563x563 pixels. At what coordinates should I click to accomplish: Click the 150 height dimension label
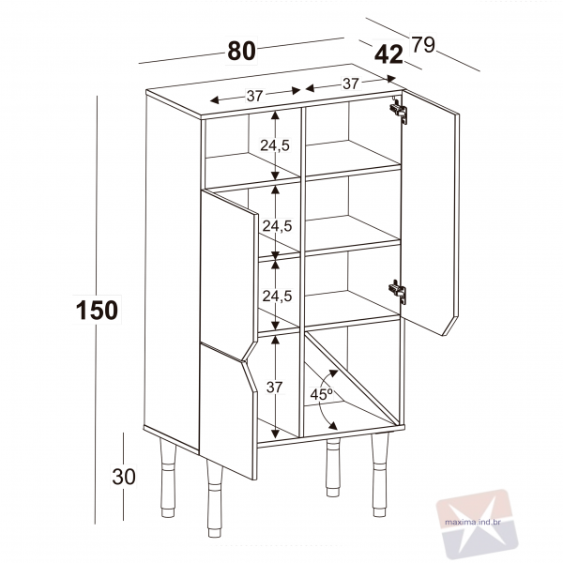click(97, 310)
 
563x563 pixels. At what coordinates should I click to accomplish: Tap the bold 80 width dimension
click(242, 51)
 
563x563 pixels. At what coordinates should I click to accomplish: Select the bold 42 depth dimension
click(388, 55)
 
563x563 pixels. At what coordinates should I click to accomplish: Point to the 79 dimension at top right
click(423, 44)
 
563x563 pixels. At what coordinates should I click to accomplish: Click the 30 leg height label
click(124, 477)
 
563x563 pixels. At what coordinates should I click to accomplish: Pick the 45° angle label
click(322, 394)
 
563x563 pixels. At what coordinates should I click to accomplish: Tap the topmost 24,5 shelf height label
click(275, 145)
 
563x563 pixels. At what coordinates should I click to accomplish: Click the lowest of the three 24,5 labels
click(277, 297)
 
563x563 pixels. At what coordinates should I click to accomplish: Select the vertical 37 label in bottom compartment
click(275, 387)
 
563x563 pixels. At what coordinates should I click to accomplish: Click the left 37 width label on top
click(254, 96)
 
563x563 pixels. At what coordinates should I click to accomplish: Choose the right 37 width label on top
click(351, 84)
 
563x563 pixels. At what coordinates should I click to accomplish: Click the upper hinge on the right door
click(399, 111)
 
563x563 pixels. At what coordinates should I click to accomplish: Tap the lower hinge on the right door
click(398, 292)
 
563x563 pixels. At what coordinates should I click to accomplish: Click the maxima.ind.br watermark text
click(473, 522)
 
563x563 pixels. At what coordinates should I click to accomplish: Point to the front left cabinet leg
click(214, 498)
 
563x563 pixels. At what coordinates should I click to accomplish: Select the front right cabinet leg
click(380, 475)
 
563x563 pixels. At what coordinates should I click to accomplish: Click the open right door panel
click(430, 213)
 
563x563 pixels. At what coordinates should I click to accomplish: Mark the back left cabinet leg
click(167, 478)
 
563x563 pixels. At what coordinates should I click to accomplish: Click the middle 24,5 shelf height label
click(277, 226)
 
